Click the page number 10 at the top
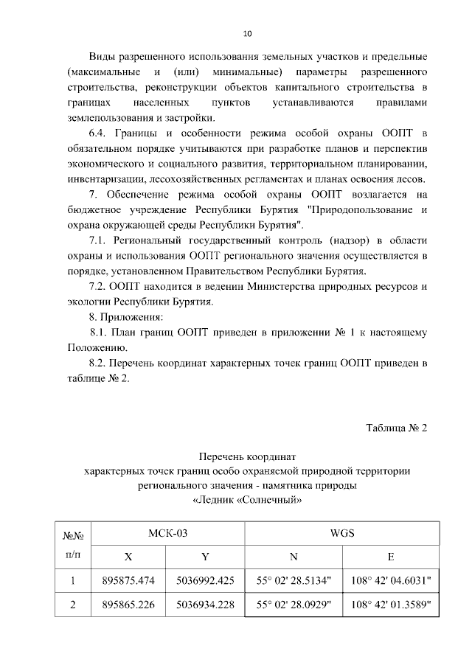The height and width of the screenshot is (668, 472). (x=247, y=33)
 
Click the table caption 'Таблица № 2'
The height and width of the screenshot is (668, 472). (x=397, y=430)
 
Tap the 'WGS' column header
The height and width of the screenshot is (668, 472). (x=343, y=532)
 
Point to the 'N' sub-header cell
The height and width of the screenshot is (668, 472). (x=294, y=557)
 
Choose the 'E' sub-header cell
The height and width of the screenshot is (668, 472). (x=391, y=557)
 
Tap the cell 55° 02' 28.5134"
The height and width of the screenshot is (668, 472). (x=294, y=581)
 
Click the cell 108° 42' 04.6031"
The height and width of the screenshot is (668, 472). (x=391, y=581)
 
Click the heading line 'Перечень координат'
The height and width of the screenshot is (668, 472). (x=246, y=457)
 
